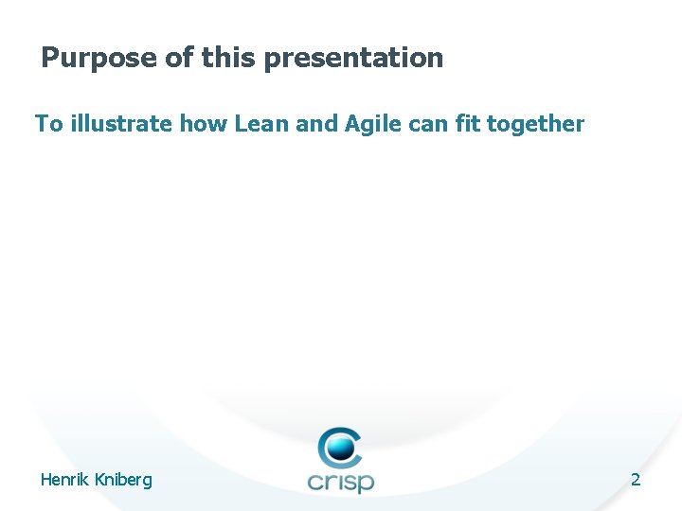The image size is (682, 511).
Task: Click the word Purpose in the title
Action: click(99, 58)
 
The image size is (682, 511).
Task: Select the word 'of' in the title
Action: click(180, 58)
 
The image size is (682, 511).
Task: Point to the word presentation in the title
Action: click(353, 59)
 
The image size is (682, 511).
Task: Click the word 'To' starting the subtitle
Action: click(47, 123)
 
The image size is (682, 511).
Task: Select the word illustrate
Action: click(119, 123)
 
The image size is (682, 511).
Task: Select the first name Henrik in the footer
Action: click(65, 480)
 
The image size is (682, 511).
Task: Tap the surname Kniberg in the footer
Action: click(123, 481)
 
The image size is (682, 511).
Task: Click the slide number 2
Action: click(636, 480)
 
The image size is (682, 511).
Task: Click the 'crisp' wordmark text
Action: click(341, 481)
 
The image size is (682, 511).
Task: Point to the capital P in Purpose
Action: click(50, 58)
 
